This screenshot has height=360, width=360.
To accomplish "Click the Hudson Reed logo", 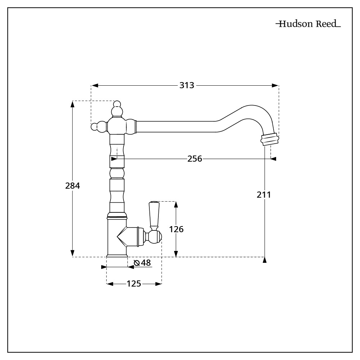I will [308, 24].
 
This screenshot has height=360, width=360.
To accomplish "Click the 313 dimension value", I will [187, 86].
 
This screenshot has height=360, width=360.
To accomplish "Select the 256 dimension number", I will [195, 158].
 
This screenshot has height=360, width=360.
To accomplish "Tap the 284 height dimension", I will [72, 186].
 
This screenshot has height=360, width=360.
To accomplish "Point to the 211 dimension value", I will [264, 195].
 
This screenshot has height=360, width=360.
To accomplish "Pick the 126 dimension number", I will [177, 229].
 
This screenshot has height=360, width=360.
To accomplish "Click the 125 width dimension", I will [134, 284].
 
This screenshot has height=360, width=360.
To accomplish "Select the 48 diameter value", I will [145, 263].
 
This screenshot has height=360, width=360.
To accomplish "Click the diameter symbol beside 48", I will [136, 263].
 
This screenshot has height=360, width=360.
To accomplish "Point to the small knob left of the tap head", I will [95, 127].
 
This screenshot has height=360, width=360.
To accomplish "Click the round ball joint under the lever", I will [154, 237].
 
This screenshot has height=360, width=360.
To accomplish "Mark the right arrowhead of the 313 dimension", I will [275, 86].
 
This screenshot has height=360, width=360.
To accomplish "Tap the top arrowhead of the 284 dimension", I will [72, 104].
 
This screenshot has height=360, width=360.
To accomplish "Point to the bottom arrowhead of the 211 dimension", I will [265, 260].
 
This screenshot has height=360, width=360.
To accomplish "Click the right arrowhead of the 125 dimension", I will [158, 284].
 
